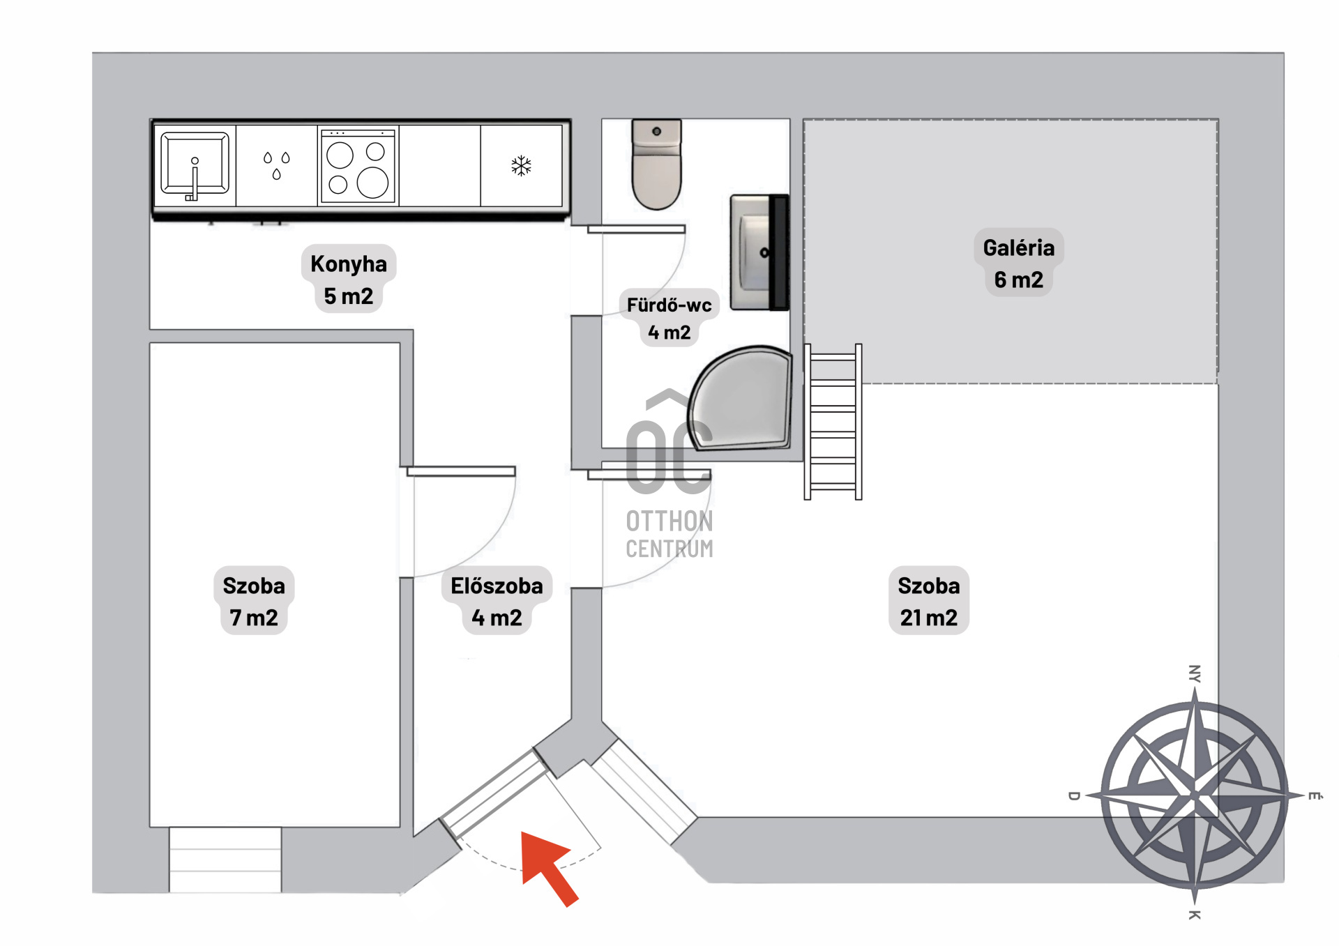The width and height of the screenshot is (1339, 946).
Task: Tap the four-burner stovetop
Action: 358,166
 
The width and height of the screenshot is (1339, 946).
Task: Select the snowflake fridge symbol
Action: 521,166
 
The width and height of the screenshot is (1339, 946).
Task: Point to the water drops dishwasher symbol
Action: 277,165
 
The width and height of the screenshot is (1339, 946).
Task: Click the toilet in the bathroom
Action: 656,164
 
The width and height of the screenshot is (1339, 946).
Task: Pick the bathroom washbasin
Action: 759,252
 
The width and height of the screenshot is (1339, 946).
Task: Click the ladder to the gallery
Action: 833,422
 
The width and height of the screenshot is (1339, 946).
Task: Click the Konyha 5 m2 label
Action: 349,280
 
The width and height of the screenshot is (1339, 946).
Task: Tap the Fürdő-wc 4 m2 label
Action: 669,319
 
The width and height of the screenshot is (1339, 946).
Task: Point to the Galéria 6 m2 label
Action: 1019,264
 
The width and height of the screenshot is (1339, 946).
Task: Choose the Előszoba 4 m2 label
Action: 497,601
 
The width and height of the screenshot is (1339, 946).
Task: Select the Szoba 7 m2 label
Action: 254,601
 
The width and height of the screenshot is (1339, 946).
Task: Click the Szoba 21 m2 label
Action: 929,601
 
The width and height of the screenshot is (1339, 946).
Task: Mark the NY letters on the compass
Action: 1195,673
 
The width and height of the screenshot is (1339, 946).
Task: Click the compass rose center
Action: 1195,795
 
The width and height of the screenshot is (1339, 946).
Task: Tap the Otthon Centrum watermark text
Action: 669,534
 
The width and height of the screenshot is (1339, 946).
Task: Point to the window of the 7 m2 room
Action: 225,860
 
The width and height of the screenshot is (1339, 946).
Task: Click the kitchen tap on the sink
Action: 194,180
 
